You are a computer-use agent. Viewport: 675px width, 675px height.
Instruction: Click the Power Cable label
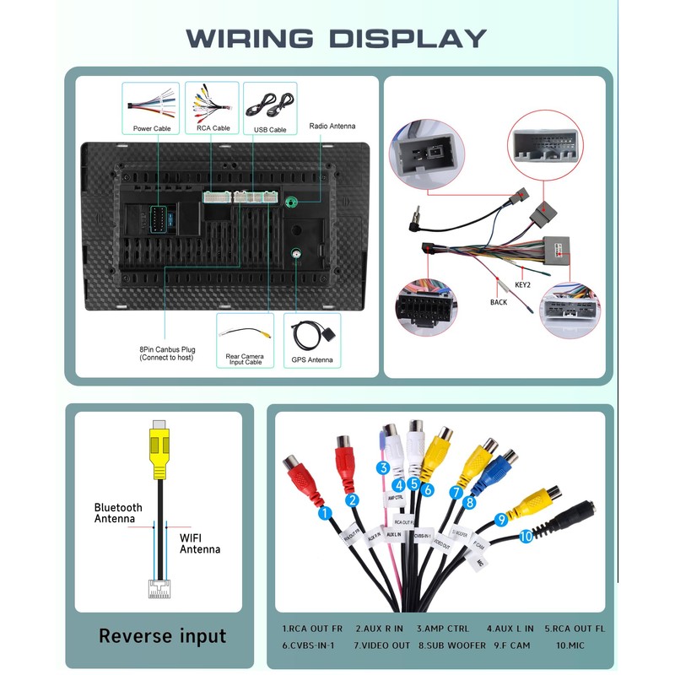[x=152, y=128]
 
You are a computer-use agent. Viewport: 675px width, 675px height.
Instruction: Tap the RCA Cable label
[x=213, y=128]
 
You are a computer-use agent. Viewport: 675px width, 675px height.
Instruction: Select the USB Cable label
[x=270, y=129]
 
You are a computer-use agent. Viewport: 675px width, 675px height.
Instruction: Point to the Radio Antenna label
[x=332, y=127]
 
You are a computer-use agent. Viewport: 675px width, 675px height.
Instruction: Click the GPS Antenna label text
[x=312, y=360]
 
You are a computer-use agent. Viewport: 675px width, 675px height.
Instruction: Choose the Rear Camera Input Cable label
[x=245, y=359]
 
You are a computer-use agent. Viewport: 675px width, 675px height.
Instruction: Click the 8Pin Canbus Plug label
[x=166, y=353]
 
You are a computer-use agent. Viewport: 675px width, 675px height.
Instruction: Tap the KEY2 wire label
[x=523, y=285]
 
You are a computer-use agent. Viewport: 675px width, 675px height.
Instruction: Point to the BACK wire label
[x=499, y=302]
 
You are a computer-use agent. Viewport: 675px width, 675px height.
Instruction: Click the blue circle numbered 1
[x=323, y=512]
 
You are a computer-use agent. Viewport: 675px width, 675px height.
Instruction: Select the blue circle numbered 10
[x=526, y=535]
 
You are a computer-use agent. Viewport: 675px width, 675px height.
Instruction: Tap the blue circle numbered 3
[x=382, y=468]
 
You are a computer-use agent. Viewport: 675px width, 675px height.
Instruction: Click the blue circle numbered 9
[x=500, y=520]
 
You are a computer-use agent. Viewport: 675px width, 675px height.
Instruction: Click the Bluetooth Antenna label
[x=118, y=513]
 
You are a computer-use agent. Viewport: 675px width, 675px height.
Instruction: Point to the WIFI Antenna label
[x=200, y=543]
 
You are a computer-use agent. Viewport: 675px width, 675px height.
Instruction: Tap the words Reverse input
[x=163, y=635]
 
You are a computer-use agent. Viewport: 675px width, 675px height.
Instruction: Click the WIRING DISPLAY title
[x=337, y=38]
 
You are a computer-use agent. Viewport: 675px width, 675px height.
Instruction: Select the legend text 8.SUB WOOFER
[x=452, y=645]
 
